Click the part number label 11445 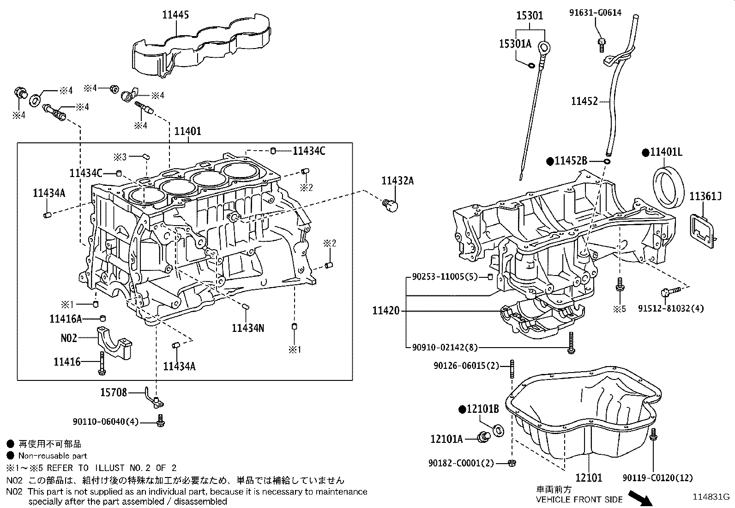[175, 15]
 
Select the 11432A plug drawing [391, 204]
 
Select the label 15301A [515, 44]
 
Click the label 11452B [571, 161]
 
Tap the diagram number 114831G [711, 497]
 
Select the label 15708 [113, 392]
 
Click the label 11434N [248, 328]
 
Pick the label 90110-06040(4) [105, 422]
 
